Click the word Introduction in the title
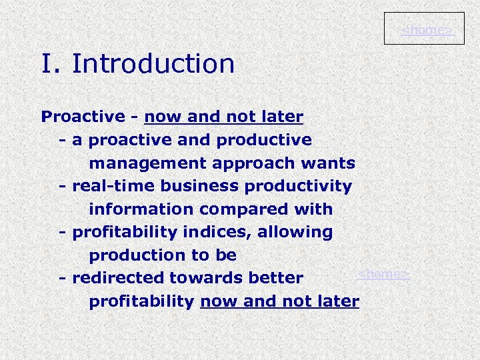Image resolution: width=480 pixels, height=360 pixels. [x=153, y=64]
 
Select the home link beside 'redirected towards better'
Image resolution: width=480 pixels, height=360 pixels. [x=383, y=274]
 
